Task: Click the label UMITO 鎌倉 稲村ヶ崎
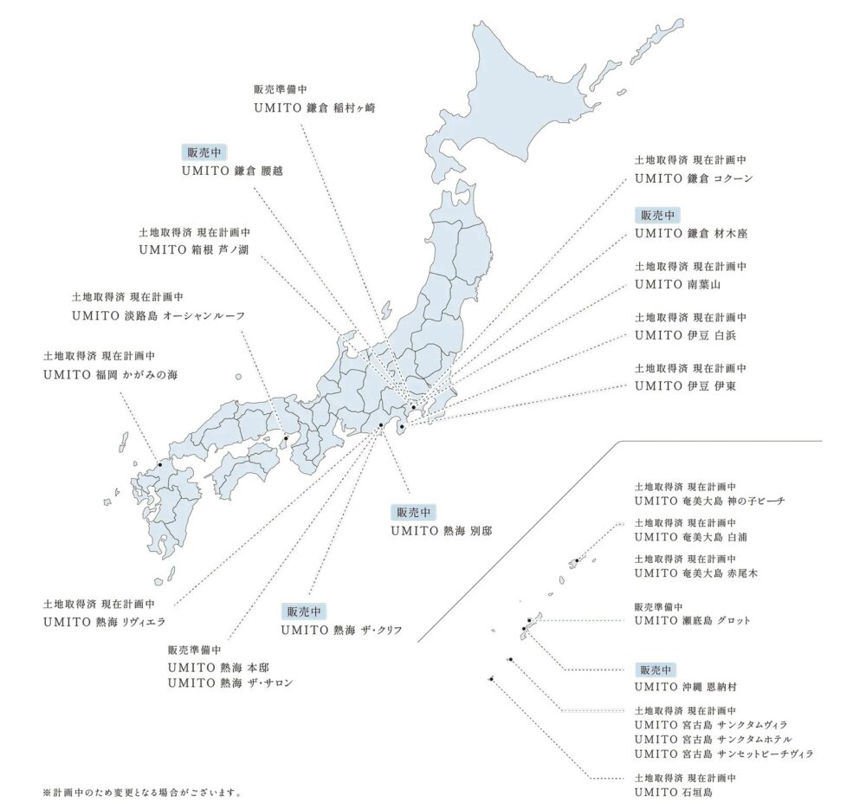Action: (x=314, y=108)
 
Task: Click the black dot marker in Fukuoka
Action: (x=159, y=465)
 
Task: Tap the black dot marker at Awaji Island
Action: (x=285, y=437)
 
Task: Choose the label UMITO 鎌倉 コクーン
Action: (x=694, y=178)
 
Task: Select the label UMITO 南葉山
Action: (x=677, y=283)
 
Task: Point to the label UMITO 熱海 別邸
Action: (x=441, y=530)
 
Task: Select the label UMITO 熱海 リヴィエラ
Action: (x=104, y=622)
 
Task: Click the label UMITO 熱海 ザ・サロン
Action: (x=230, y=683)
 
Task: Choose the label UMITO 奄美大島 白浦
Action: (x=690, y=537)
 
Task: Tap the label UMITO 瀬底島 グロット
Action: (x=692, y=620)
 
